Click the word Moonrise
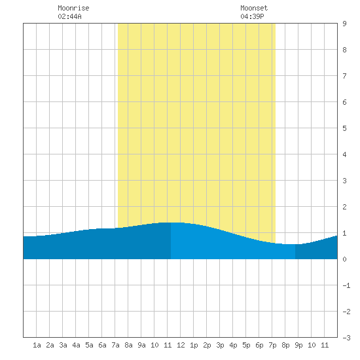(x=73, y=8)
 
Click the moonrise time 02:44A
(x=69, y=16)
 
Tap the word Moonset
(x=254, y=8)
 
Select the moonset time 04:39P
(x=252, y=16)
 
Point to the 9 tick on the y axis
(x=344, y=24)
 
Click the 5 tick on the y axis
(x=344, y=128)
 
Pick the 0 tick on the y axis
(x=344, y=259)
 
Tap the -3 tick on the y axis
(x=346, y=338)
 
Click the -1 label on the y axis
(x=346, y=285)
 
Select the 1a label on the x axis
(x=37, y=345)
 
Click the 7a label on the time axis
(x=115, y=345)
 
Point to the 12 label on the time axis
(x=181, y=345)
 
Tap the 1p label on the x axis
(x=194, y=345)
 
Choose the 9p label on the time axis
(x=298, y=345)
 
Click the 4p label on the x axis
(x=233, y=345)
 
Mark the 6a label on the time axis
(x=102, y=345)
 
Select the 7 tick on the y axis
(x=344, y=76)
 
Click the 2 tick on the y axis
(x=344, y=207)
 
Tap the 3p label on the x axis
(x=220, y=345)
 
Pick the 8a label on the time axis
(x=128, y=345)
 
